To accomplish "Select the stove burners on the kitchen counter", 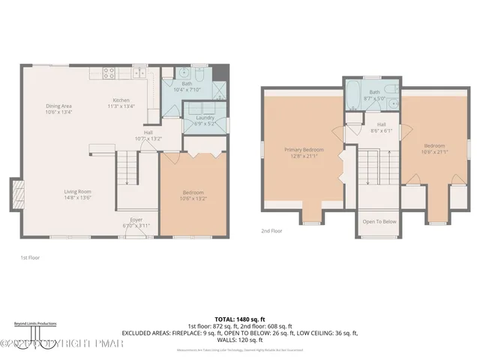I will pyautogui.click(x=108, y=73).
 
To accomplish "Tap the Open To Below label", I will pyautogui.click(x=379, y=222).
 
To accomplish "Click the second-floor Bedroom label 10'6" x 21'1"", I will pyautogui.click(x=434, y=149).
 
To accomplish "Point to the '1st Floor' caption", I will pyautogui.click(x=30, y=257).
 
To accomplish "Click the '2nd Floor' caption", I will pyautogui.click(x=271, y=232).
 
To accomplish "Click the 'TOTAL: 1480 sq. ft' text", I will pyautogui.click(x=240, y=319).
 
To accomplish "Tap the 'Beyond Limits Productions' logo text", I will pyautogui.click(x=27, y=323).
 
